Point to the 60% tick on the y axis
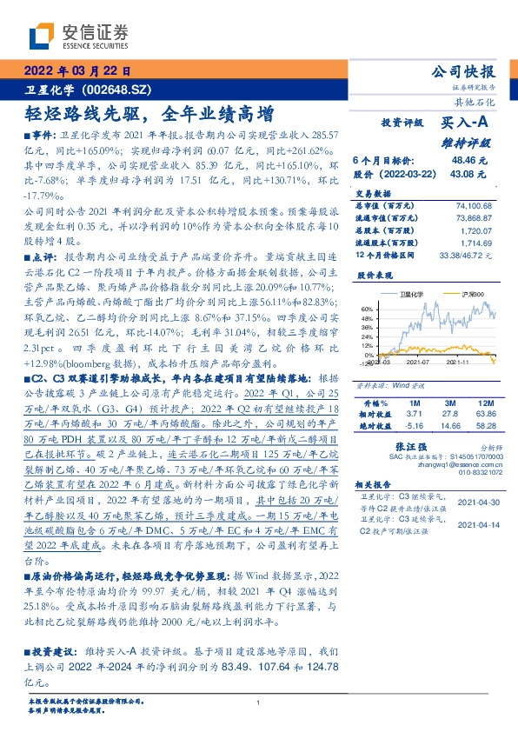366,309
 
